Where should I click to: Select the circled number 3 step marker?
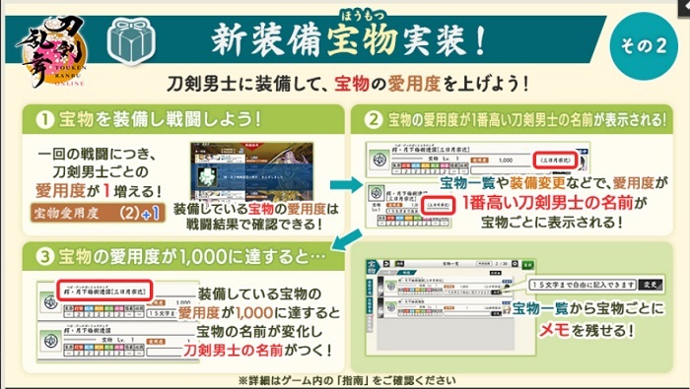pos(43,259)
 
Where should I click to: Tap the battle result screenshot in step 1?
pos(257,170)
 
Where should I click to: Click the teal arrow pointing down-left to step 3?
pos(344,240)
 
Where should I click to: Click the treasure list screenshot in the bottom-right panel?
pos(434,303)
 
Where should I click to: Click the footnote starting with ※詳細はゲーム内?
pos(344,379)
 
